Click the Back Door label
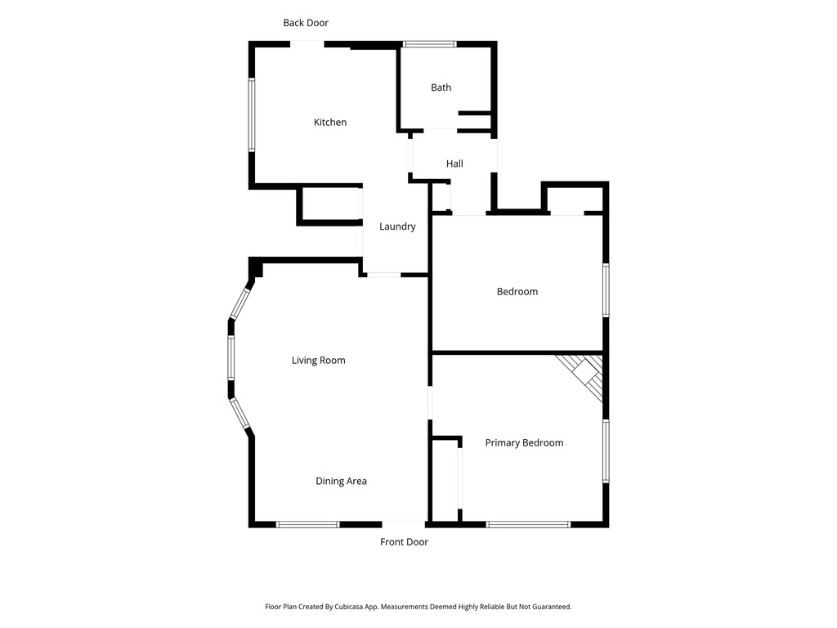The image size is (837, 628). pyautogui.click(x=306, y=23)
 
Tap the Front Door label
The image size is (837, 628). pyautogui.click(x=404, y=542)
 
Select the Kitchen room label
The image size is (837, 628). pyautogui.click(x=330, y=123)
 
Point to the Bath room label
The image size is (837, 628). pyautogui.click(x=441, y=87)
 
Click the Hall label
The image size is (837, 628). pyautogui.click(x=454, y=164)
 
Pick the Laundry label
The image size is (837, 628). pyautogui.click(x=397, y=227)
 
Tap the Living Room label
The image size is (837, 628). pyautogui.click(x=319, y=361)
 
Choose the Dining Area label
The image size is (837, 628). pyautogui.click(x=341, y=481)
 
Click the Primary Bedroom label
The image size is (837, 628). pyautogui.click(x=524, y=443)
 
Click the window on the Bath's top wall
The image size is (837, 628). pyautogui.click(x=430, y=44)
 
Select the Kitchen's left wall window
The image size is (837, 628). pyautogui.click(x=253, y=114)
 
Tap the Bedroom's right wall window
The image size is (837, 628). pyautogui.click(x=606, y=289)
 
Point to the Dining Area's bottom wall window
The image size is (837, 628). pyautogui.click(x=307, y=524)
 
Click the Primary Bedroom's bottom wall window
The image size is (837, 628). pyautogui.click(x=528, y=524)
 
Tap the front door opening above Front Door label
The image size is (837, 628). pyautogui.click(x=403, y=523)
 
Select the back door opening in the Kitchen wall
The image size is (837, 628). pyautogui.click(x=308, y=44)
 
